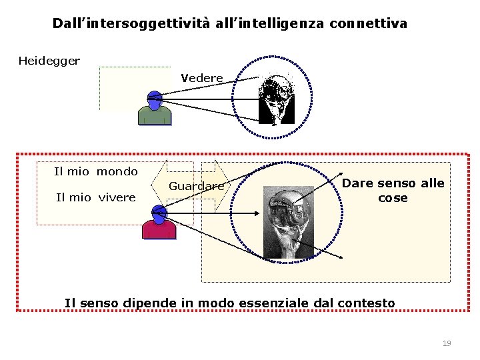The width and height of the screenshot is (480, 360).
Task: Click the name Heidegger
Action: (49, 61)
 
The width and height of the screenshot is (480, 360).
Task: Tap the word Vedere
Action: (202, 78)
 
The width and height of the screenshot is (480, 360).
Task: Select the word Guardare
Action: (196, 187)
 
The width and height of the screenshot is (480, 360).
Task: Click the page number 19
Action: (447, 343)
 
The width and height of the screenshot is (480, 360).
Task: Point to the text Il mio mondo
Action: (96, 171)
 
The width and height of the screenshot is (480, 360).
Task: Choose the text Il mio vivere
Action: (96, 197)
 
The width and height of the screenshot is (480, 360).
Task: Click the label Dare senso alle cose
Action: (393, 191)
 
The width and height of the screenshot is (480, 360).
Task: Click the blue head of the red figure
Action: (159, 213)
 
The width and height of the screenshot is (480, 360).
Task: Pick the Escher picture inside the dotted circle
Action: (277, 99)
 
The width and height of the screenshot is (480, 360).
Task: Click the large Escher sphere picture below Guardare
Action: (288, 222)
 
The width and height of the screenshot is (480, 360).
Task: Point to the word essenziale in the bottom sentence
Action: (275, 303)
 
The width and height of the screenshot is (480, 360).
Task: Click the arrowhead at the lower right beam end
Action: (341, 258)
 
